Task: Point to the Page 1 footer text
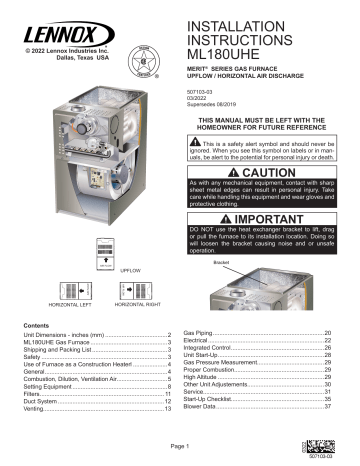[180, 446]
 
